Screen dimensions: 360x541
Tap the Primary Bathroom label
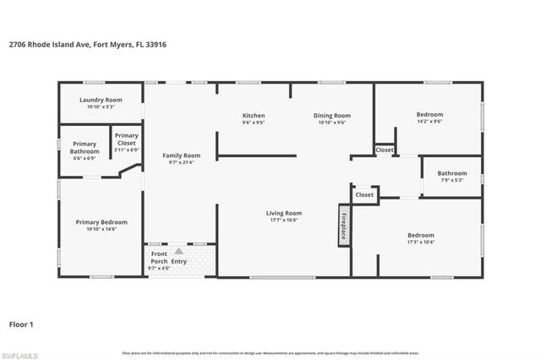(85, 147)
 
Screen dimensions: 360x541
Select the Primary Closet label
(127, 139)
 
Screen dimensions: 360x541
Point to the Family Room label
(182, 155)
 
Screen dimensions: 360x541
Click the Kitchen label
(254, 115)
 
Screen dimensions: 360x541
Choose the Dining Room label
(331, 115)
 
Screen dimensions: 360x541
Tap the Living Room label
(284, 213)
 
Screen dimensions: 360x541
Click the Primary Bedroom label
(101, 222)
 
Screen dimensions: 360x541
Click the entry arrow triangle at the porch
(178, 251)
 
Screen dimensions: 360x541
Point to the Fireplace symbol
(344, 225)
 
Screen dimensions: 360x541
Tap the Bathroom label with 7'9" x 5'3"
(452, 173)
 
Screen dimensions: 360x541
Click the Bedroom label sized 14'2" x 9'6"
(429, 114)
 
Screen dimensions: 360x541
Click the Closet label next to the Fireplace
(364, 194)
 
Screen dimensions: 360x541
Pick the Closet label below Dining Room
(385, 150)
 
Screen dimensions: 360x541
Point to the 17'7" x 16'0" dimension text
(284, 221)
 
